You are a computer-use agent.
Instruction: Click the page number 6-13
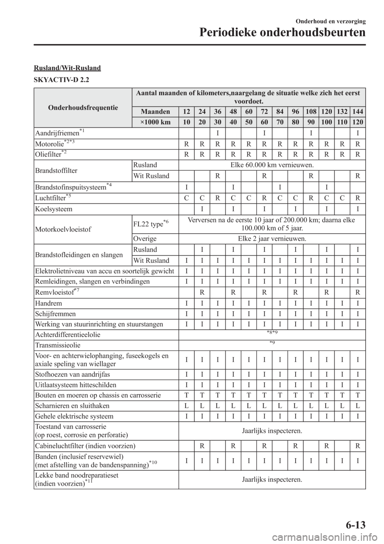(354, 524)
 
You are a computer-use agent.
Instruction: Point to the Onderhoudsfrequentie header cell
(83, 107)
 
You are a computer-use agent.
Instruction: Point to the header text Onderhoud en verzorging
(332, 21)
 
